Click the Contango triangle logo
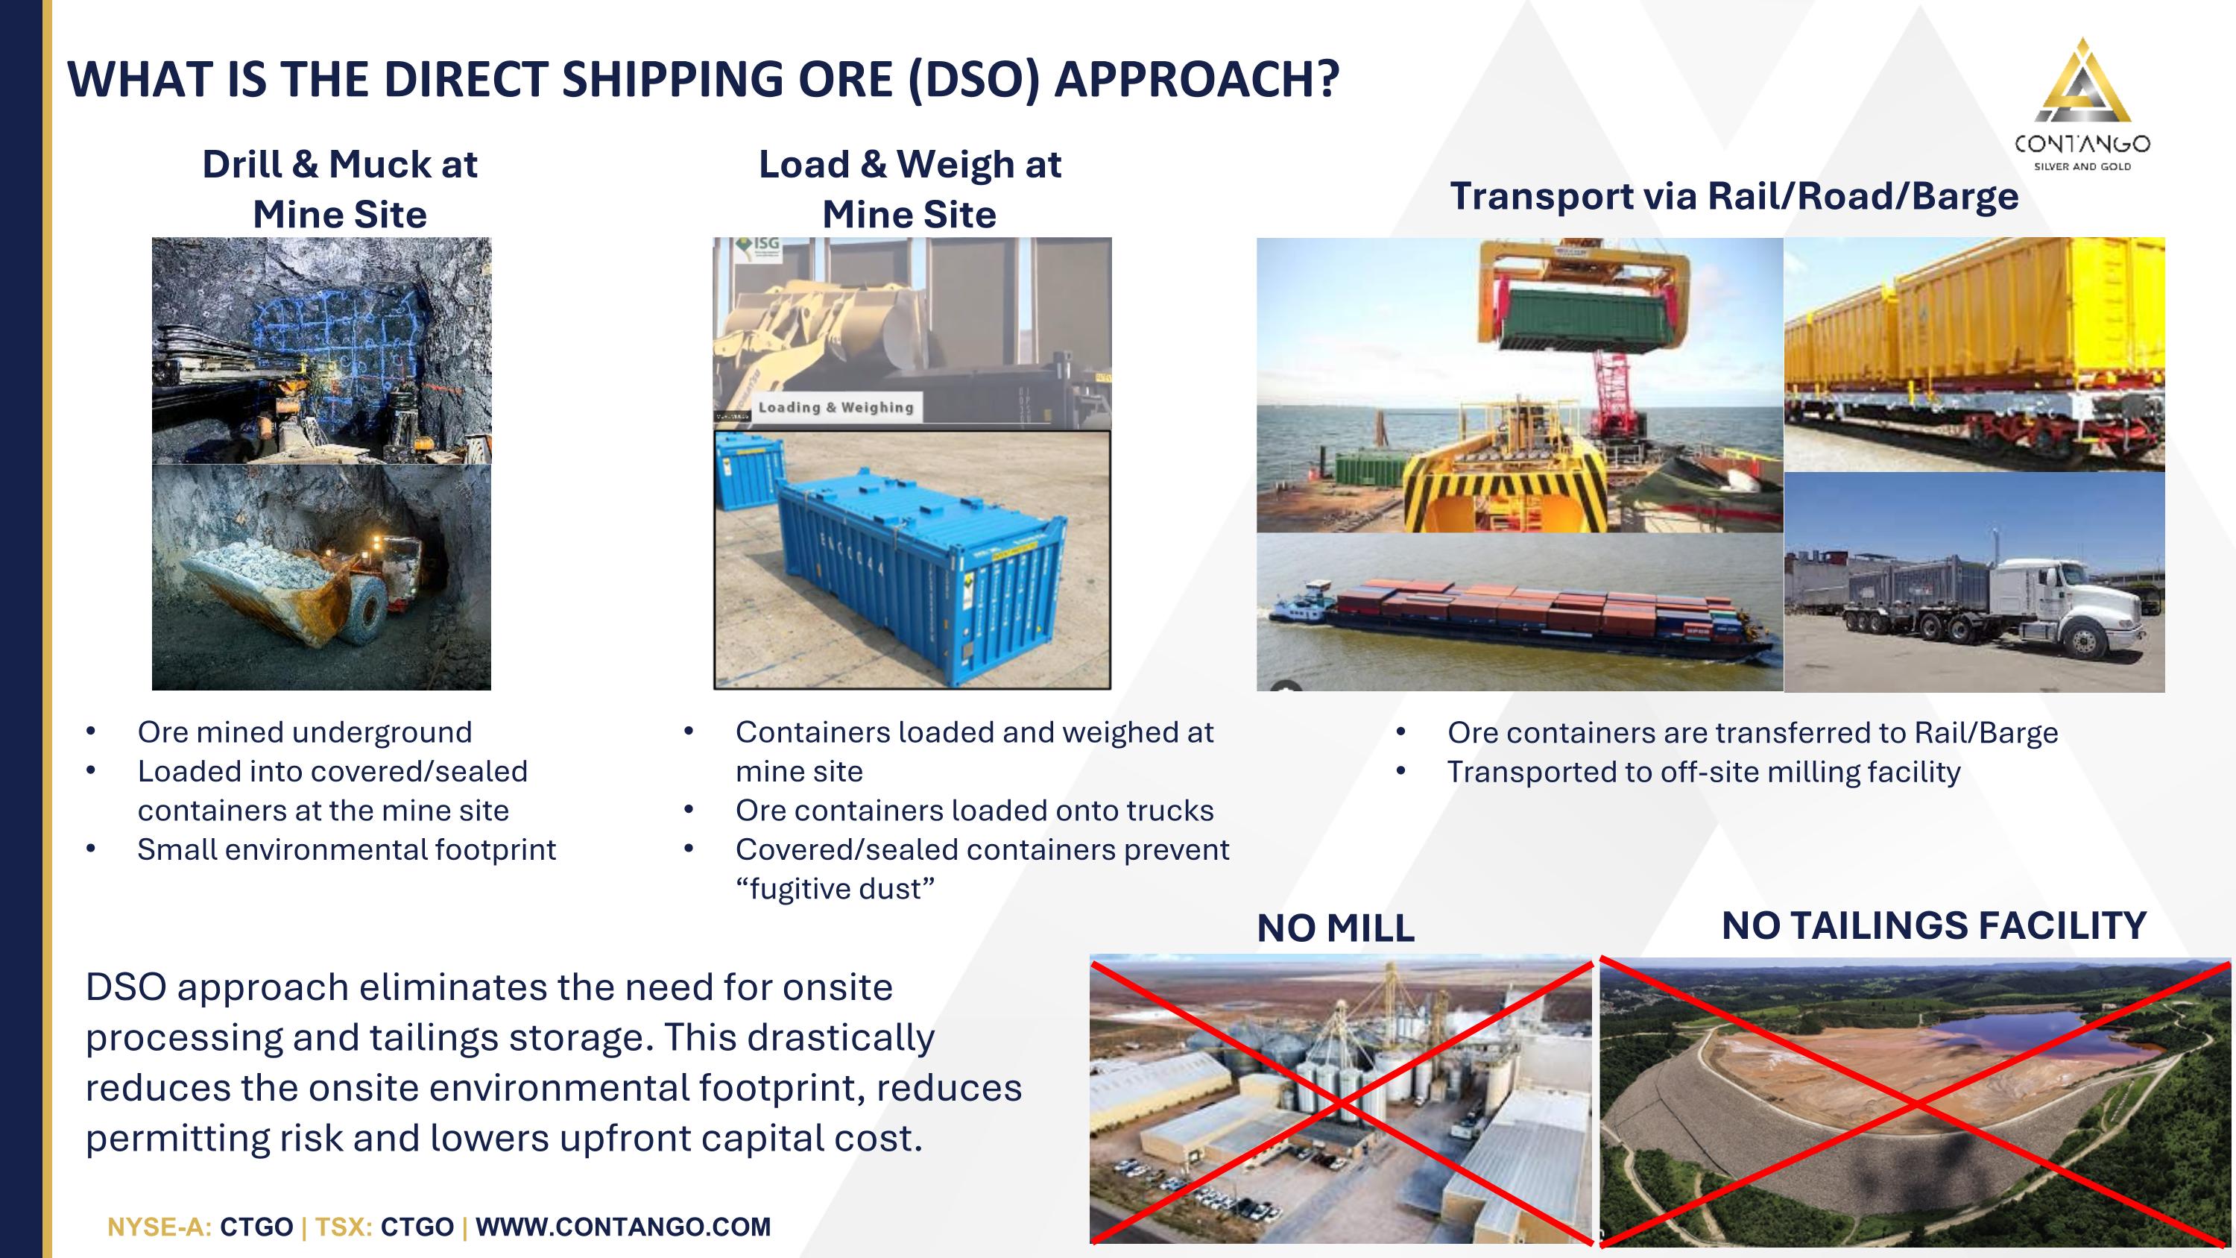(2082, 83)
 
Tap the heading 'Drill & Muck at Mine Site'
(339, 189)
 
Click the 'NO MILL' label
(1335, 928)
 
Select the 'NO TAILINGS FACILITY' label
(1934, 925)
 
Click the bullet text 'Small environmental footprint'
(347, 849)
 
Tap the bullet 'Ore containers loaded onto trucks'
(974, 810)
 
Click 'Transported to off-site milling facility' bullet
(1703, 772)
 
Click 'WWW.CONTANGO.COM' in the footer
(622, 1227)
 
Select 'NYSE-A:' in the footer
(159, 1227)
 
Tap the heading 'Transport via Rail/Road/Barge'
(1734, 196)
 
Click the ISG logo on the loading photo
(758, 248)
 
